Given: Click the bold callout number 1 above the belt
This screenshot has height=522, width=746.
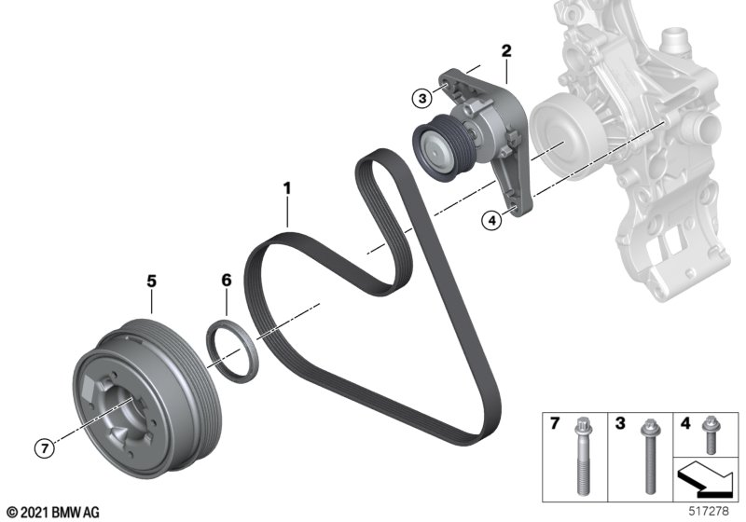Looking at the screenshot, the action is (286, 188).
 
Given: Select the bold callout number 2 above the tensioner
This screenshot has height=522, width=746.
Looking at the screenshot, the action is (506, 51).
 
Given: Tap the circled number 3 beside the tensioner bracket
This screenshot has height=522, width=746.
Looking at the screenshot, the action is (422, 99).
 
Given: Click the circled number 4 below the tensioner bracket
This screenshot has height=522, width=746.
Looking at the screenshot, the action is (491, 221).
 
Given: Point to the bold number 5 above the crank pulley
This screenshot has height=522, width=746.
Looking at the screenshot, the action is (151, 281).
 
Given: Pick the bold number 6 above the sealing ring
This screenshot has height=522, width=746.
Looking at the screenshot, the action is (227, 280).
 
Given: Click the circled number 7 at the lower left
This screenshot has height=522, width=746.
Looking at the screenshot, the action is (45, 447).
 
